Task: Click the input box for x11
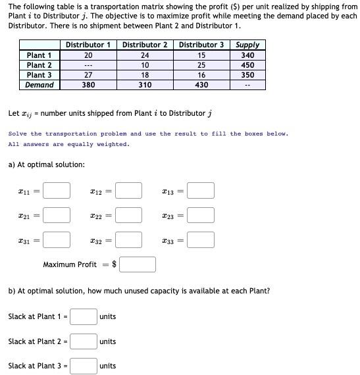click(x=57, y=191)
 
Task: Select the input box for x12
click(x=129, y=191)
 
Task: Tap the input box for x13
click(x=201, y=191)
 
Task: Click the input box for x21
click(x=57, y=214)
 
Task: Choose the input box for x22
click(x=129, y=214)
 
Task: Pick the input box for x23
click(x=201, y=214)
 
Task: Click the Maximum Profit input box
click(x=138, y=264)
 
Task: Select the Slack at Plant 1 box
click(x=84, y=316)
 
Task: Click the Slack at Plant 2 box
click(x=84, y=341)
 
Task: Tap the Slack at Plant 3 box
click(x=84, y=365)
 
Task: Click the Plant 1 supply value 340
click(x=247, y=55)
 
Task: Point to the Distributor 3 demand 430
click(x=202, y=85)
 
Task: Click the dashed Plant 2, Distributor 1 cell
click(x=88, y=65)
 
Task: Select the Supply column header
click(x=247, y=45)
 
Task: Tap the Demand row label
click(x=39, y=85)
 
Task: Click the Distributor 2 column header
click(x=145, y=45)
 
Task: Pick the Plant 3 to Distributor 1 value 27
click(x=88, y=75)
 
